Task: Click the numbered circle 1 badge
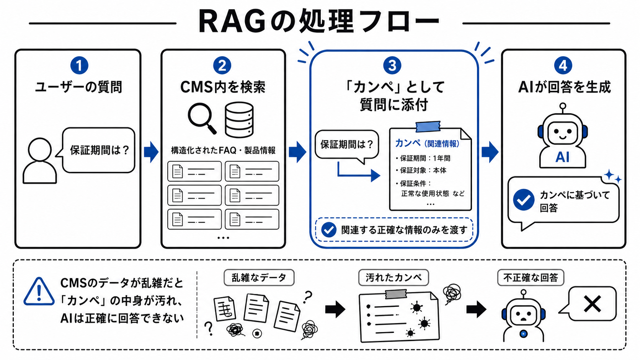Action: point(79,65)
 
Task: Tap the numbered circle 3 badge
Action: point(392,65)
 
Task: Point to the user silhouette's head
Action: point(40,150)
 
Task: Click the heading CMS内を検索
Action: point(223,87)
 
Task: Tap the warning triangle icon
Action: point(39,292)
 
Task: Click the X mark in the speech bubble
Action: point(592,304)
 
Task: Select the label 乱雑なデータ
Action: point(259,277)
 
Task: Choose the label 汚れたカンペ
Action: point(394,277)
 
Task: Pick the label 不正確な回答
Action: point(531,277)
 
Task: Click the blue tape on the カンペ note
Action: point(428,127)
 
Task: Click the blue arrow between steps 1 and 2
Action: point(151,152)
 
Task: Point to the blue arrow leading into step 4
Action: point(490,152)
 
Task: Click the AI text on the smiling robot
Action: point(562,157)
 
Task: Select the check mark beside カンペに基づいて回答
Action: point(523,200)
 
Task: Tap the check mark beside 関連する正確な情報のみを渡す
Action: point(328,230)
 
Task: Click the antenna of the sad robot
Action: point(523,295)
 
